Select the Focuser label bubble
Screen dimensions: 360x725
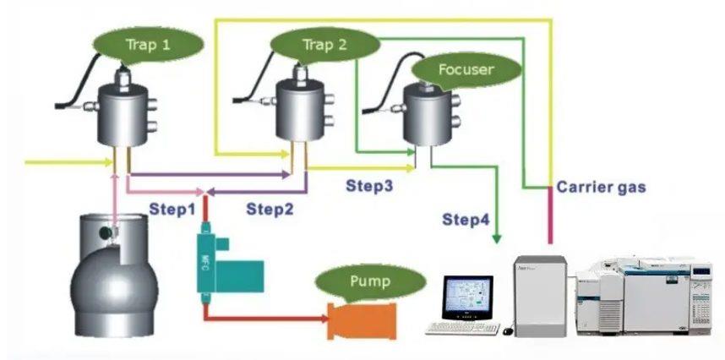tap(465, 68)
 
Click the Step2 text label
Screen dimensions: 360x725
tap(270, 209)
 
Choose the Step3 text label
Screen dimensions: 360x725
tap(368, 184)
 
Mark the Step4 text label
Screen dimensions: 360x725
tap(466, 221)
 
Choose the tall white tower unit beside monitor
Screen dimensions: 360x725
tap(538, 292)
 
